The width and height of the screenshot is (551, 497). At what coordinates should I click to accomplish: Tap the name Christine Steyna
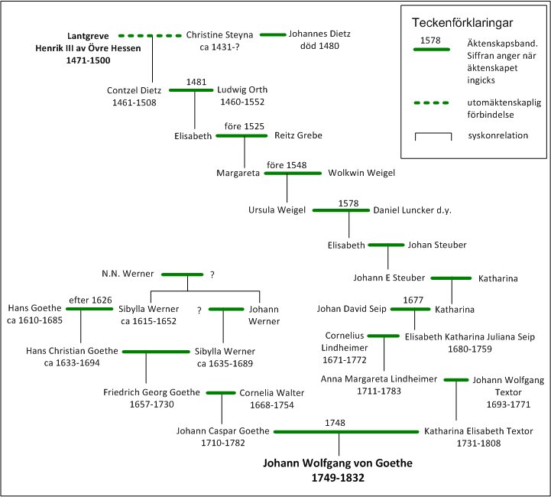[218, 35]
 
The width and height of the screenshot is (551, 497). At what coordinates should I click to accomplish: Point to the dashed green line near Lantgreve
[150, 35]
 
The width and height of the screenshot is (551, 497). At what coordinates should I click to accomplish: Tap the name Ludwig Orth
[242, 89]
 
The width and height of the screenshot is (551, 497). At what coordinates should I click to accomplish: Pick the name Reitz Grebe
[298, 135]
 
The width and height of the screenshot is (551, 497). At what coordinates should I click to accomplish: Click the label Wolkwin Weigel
[361, 173]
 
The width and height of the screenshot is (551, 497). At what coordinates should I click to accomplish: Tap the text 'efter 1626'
[90, 300]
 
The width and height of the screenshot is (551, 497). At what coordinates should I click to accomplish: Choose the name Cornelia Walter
[271, 393]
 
